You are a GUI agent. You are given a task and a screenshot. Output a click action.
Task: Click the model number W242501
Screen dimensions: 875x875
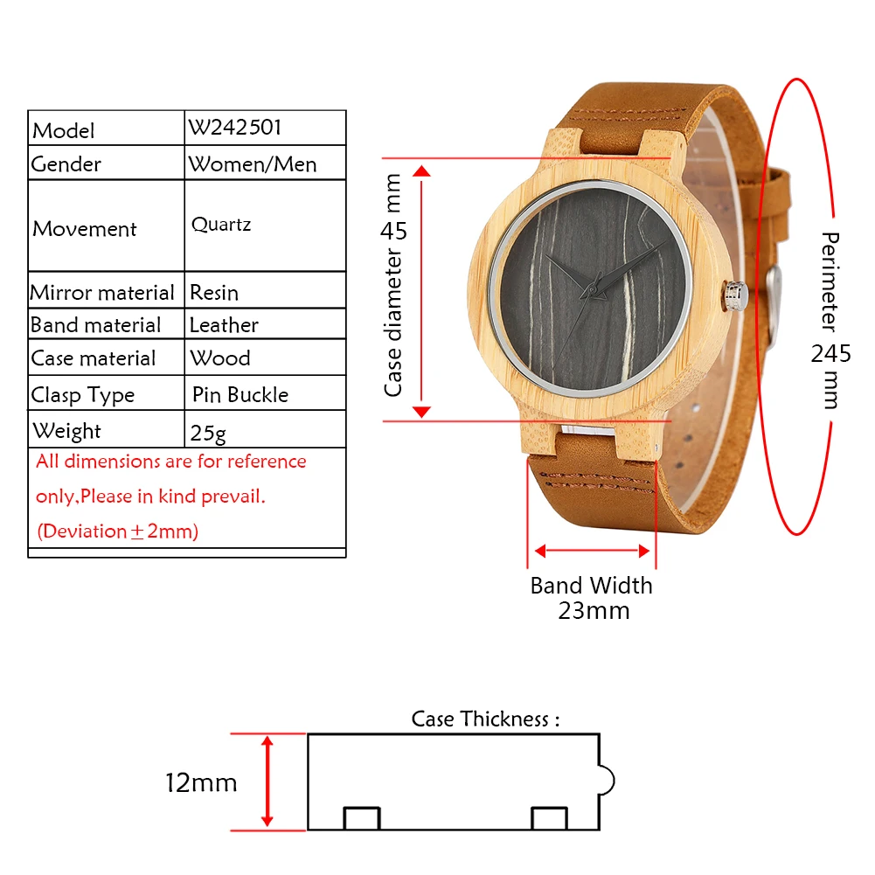pyautogui.click(x=234, y=128)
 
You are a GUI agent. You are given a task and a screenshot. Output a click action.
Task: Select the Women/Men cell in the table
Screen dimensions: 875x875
pyautogui.click(x=252, y=163)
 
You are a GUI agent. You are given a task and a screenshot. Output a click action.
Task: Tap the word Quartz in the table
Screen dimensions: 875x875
pyautogui.click(x=221, y=225)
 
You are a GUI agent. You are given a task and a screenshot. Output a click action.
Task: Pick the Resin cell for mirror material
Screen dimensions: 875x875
pyautogui.click(x=214, y=293)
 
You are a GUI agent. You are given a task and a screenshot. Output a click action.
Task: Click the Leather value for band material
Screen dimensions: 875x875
pyautogui.click(x=224, y=325)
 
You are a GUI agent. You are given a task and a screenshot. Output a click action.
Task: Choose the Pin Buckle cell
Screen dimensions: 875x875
pyautogui.click(x=240, y=395)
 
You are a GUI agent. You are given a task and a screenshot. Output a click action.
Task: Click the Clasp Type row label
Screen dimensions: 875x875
pyautogui.click(x=83, y=395)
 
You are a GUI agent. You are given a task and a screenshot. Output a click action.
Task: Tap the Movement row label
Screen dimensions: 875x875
pyautogui.click(x=85, y=229)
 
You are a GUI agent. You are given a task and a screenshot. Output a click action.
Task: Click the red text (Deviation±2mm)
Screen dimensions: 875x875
pyautogui.click(x=117, y=531)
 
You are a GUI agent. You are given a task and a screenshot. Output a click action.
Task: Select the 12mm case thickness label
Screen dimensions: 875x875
pyautogui.click(x=201, y=782)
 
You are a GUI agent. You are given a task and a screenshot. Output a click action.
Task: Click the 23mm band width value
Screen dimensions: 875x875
pyautogui.click(x=594, y=610)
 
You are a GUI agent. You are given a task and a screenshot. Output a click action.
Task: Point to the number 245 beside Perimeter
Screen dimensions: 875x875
pyautogui.click(x=830, y=354)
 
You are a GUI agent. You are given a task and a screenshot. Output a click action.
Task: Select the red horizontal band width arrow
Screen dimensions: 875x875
pyautogui.click(x=592, y=551)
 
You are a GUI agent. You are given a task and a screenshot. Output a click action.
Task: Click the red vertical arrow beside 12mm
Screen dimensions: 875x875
pyautogui.click(x=268, y=781)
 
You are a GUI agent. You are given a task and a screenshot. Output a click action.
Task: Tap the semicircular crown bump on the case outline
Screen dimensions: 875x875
pyautogui.click(x=607, y=781)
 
